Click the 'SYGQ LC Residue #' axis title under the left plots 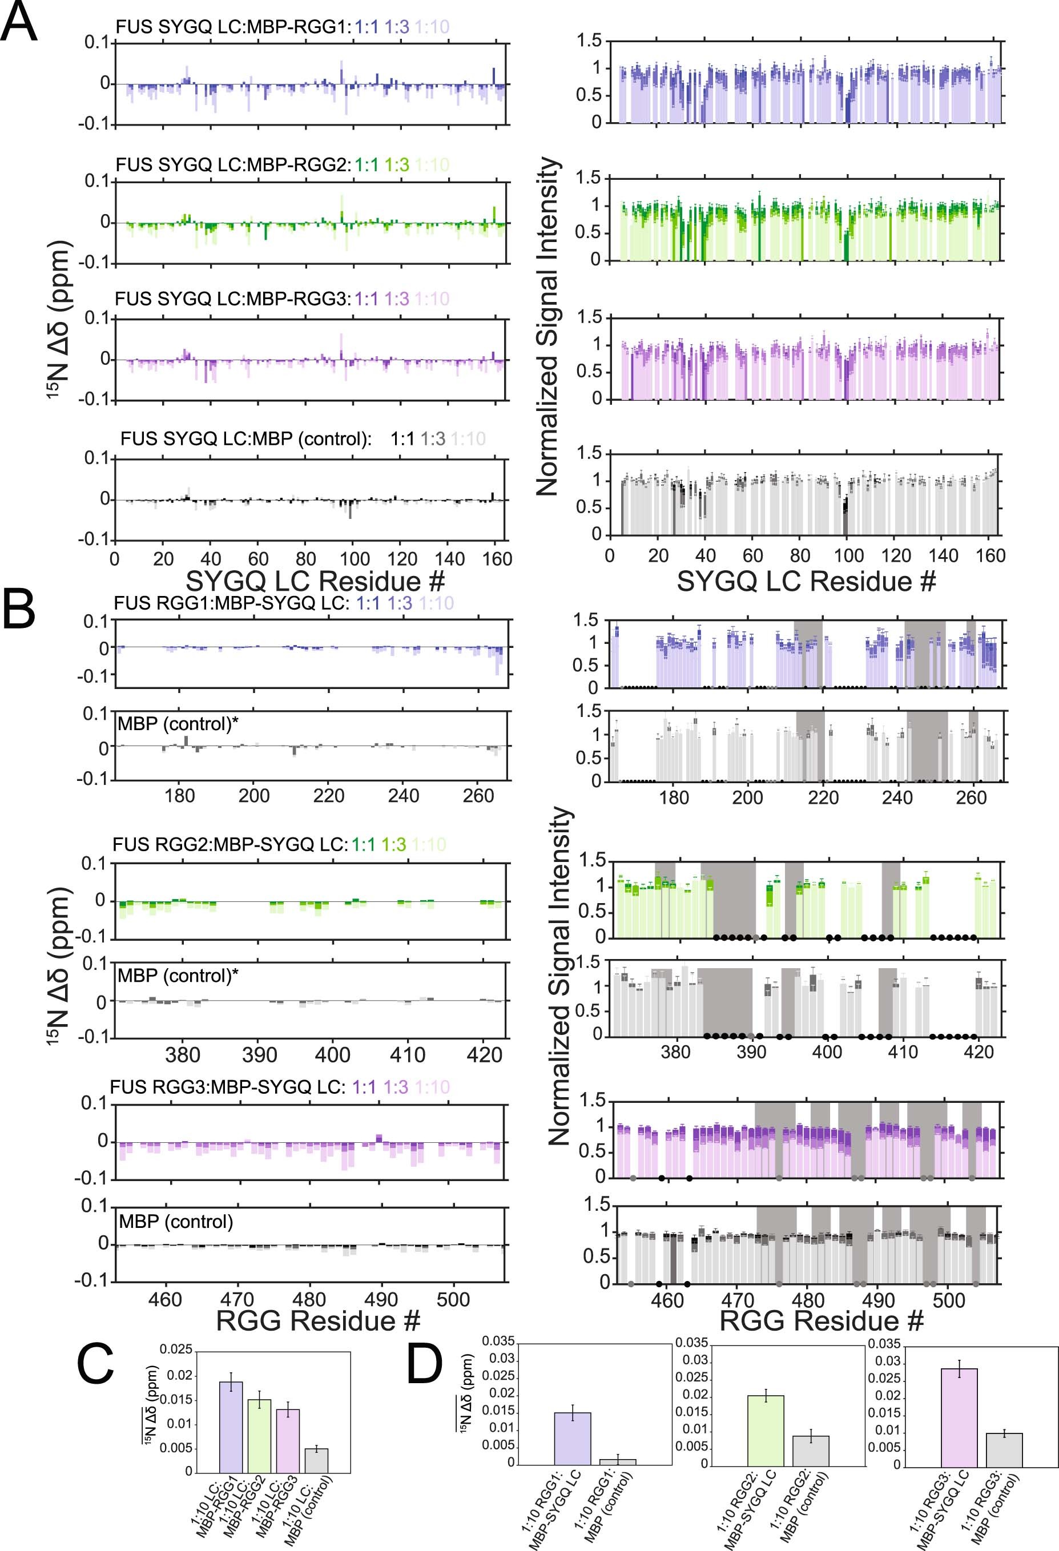point(315,581)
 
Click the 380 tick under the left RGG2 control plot point(182,1055)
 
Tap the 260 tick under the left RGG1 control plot point(478,796)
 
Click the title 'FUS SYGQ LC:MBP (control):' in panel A point(246,438)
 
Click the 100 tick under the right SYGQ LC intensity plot point(848,555)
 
